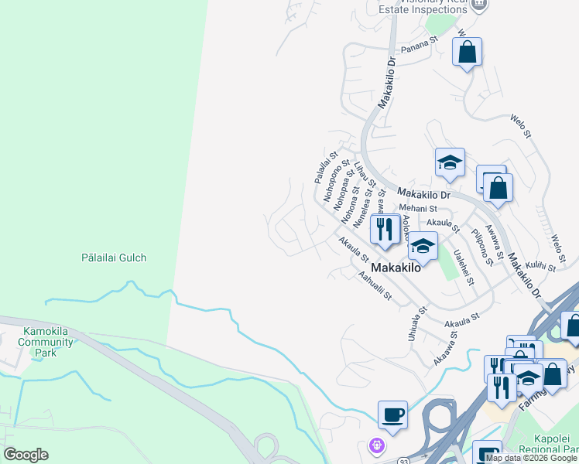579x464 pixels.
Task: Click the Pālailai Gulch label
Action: [x=114, y=258]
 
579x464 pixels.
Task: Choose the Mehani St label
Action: [x=419, y=208]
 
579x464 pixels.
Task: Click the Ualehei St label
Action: [x=464, y=267]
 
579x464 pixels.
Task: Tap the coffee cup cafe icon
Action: [x=392, y=414]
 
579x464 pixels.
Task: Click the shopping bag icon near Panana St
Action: [x=467, y=53]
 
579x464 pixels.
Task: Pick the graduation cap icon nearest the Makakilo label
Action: [x=422, y=247]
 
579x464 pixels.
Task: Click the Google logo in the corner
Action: [x=26, y=455]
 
